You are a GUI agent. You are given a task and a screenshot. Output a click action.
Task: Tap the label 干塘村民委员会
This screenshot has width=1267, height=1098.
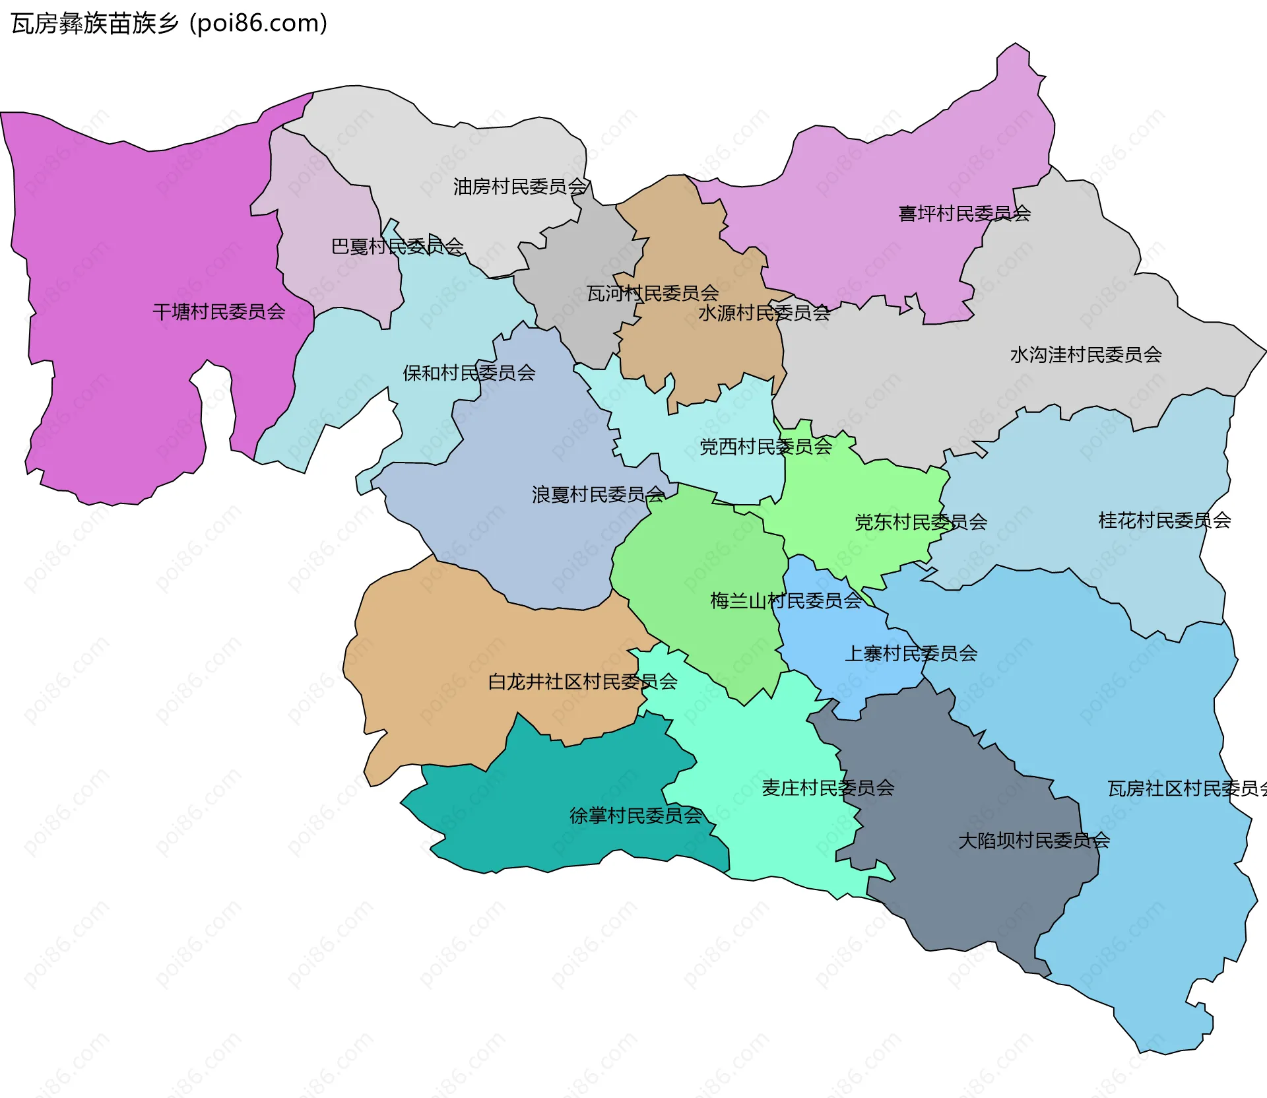pos(218,311)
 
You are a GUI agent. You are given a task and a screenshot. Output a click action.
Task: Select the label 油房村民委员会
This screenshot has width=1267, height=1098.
pos(519,187)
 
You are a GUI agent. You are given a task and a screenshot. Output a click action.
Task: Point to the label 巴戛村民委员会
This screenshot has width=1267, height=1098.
pos(397,247)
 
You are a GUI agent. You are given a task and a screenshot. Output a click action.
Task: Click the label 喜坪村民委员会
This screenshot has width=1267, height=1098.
pos(964,214)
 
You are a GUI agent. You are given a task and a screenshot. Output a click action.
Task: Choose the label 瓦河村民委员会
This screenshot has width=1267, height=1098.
pos(652,293)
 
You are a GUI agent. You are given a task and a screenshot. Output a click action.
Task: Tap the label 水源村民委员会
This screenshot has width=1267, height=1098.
pos(763,313)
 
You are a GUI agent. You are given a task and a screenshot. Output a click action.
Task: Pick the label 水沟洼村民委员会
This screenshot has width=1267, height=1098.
pos(1086,355)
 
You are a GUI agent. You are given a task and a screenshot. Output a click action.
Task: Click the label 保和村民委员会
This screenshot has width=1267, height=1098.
pos(469,373)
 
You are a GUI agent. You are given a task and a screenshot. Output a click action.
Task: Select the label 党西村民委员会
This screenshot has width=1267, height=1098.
pos(765,447)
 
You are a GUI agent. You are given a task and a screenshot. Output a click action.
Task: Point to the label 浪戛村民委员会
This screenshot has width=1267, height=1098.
pos(598,494)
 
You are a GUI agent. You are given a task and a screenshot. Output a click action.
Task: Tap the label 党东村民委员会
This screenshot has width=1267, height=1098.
pos(921,523)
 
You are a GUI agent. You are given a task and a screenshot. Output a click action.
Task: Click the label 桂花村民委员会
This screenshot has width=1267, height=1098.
pos(1164,521)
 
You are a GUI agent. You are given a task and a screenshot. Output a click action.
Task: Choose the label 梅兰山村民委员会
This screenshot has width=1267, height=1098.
pos(785,600)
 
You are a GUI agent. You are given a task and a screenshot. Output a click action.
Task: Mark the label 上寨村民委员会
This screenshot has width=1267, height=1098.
pos(911,654)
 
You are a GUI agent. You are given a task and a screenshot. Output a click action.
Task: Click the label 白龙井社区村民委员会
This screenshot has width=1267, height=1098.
pos(582,682)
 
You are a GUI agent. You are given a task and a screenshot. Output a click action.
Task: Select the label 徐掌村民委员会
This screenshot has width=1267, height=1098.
pos(635,816)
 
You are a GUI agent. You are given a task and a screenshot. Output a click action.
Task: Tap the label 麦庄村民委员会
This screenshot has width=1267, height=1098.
pos(828,788)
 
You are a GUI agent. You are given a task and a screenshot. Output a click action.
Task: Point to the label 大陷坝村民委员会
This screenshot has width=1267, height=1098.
pos(1033,841)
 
